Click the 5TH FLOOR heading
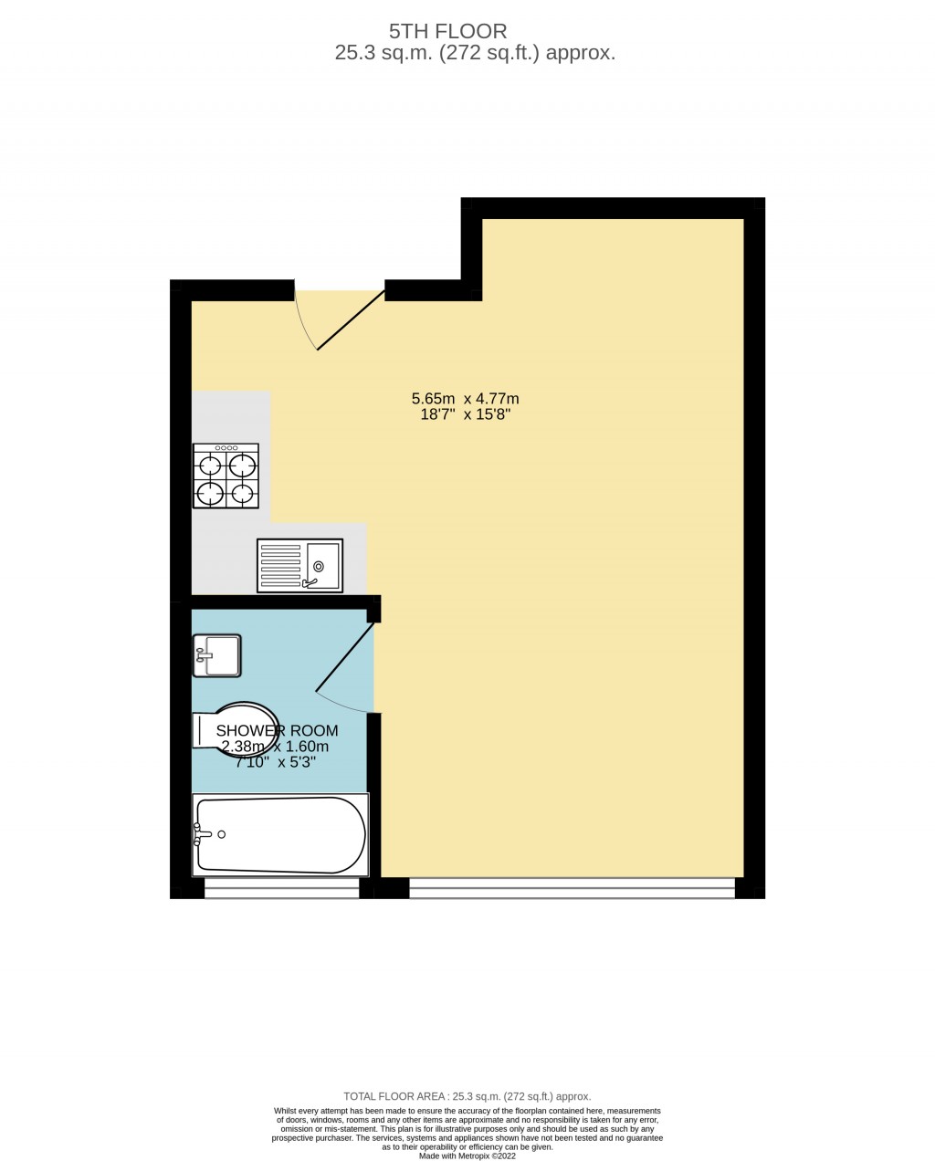pyautogui.click(x=448, y=31)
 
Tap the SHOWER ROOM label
pyautogui.click(x=277, y=730)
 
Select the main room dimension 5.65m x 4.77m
pyautogui.click(x=465, y=399)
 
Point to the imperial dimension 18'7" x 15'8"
pyautogui.click(x=465, y=414)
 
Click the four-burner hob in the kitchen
pyautogui.click(x=226, y=476)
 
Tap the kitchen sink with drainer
pyautogui.click(x=299, y=565)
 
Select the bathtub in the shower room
pyautogui.click(x=280, y=834)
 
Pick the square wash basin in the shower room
pyautogui.click(x=216, y=655)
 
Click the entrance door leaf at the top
pyautogui.click(x=351, y=320)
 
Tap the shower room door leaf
pyautogui.click(x=345, y=657)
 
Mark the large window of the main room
pyautogui.click(x=573, y=888)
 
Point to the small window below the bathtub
pyautogui.click(x=282, y=888)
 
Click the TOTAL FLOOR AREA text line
pyautogui.click(x=467, y=1096)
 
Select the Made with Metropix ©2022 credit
pyautogui.click(x=467, y=1156)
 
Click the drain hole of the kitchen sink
pyautogui.click(x=319, y=567)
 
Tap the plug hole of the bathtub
pyautogui.click(x=221, y=834)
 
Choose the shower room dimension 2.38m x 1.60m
pyautogui.click(x=276, y=747)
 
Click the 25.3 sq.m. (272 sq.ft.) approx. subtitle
pyautogui.click(x=475, y=53)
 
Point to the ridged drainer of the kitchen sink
pyautogui.click(x=280, y=566)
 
